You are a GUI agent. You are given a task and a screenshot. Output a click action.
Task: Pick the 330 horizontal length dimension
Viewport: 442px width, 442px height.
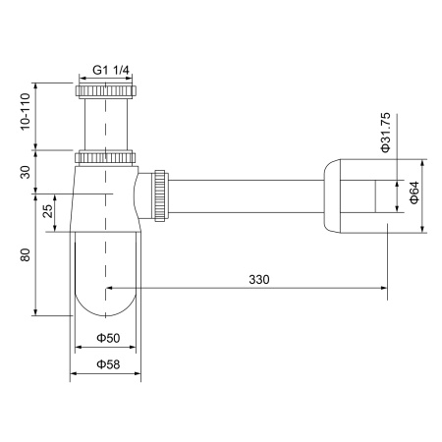coord(258,279)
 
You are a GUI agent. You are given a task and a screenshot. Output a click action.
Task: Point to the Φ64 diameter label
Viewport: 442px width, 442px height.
coord(414,193)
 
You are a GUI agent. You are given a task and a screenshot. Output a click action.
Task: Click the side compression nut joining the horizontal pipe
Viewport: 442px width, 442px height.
coord(157,195)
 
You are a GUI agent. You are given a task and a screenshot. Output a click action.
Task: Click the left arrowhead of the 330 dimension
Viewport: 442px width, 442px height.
coord(110,289)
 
